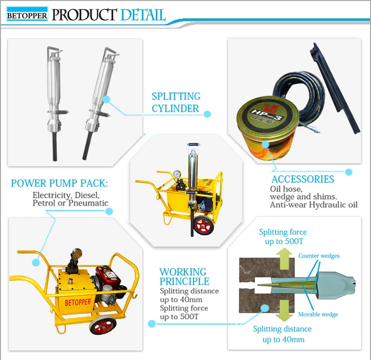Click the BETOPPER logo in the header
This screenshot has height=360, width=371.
(x=27, y=15)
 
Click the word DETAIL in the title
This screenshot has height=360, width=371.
(x=141, y=14)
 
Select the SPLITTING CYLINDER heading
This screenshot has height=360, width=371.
(x=176, y=102)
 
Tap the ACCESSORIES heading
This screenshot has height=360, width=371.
(x=302, y=179)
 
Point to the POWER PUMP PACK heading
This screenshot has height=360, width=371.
(x=59, y=184)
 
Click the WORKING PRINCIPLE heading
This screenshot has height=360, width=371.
(x=183, y=277)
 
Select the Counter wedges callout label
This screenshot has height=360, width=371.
(x=319, y=256)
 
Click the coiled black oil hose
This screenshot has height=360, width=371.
(x=282, y=94)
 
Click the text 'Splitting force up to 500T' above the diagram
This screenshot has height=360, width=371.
(x=283, y=237)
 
